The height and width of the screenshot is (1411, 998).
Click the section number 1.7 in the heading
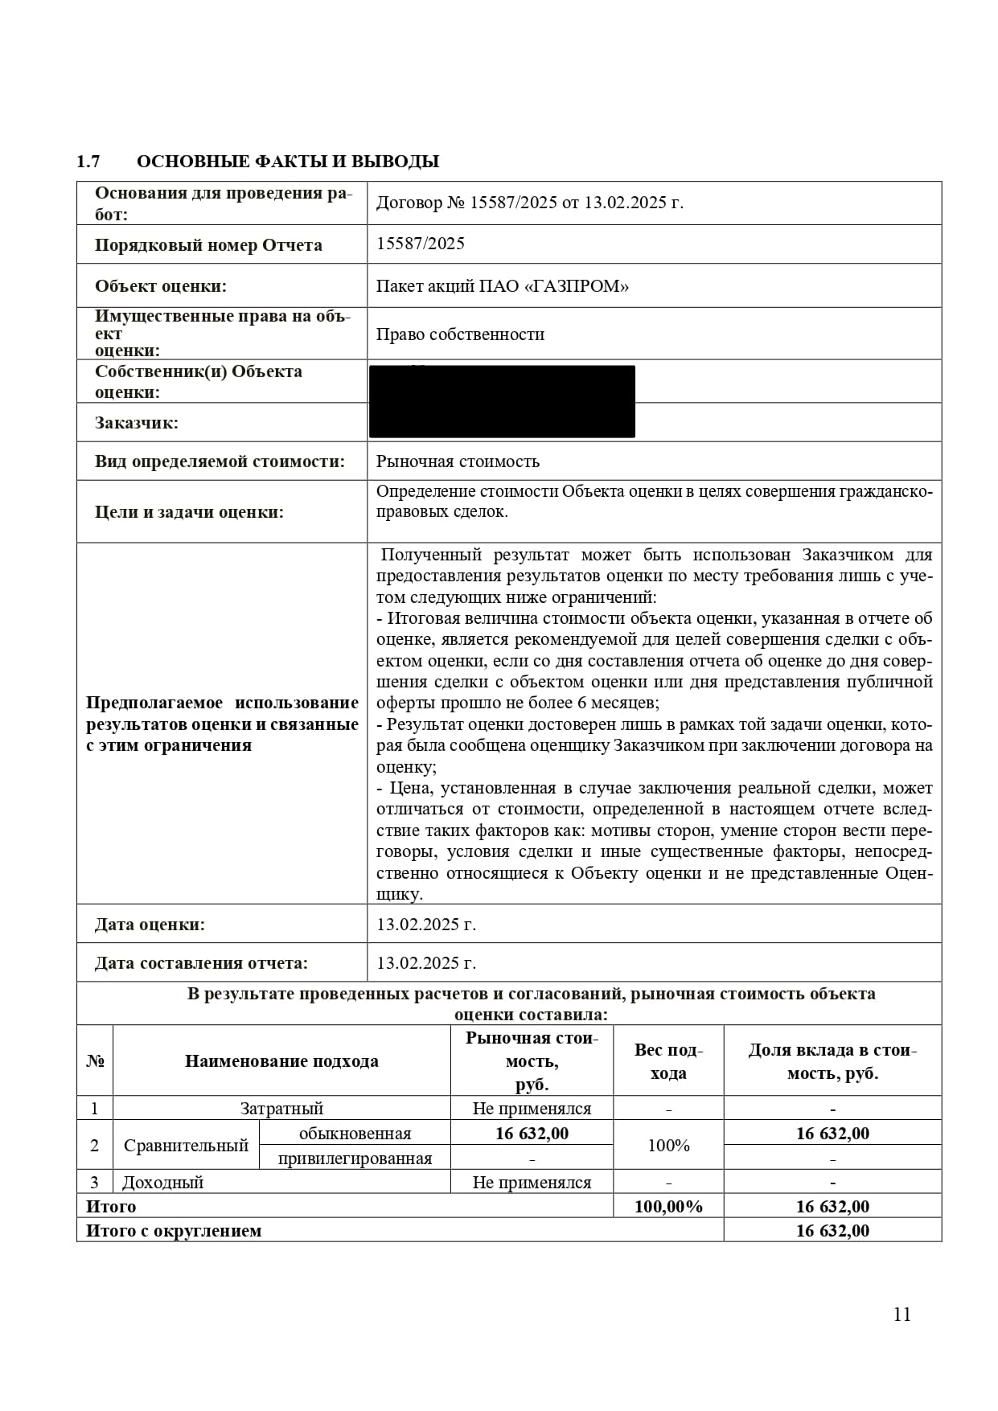click(88, 162)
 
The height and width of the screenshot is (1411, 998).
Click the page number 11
click(901, 1314)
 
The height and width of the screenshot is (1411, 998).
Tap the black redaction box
click(502, 401)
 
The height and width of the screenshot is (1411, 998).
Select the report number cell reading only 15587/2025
click(421, 244)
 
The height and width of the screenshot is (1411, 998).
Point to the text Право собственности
click(460, 334)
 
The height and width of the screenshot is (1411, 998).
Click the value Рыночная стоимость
click(458, 461)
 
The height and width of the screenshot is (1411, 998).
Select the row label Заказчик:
click(137, 423)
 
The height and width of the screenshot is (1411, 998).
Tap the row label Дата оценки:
click(150, 925)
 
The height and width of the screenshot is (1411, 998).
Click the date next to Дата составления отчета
click(426, 963)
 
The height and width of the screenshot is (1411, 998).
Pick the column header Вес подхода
click(668, 1061)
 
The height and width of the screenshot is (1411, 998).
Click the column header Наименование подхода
click(281, 1061)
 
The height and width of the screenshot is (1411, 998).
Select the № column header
click(95, 1061)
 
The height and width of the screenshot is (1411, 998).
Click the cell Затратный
click(281, 1109)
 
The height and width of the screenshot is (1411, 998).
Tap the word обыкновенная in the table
click(355, 1134)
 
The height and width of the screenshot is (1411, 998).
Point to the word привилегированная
click(355, 1159)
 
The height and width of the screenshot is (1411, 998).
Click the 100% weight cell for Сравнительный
click(668, 1146)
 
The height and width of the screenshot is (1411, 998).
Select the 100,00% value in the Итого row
click(668, 1207)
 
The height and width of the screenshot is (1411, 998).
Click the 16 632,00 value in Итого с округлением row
click(832, 1231)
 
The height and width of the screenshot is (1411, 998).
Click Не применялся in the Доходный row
click(532, 1183)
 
